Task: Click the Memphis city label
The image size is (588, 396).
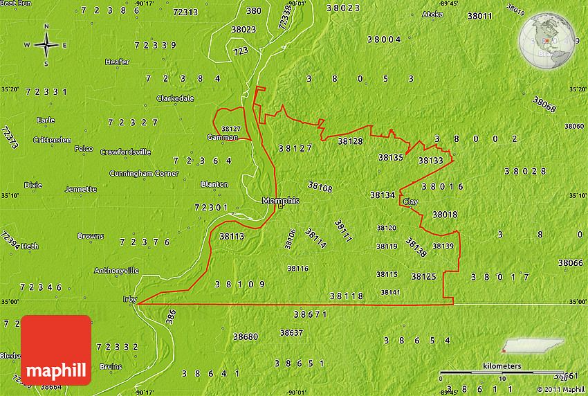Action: pos(280,201)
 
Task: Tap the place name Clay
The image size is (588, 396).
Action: pos(410,201)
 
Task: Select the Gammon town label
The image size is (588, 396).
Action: pos(222,137)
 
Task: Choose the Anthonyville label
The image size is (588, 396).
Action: pos(116,270)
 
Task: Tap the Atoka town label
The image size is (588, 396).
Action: pos(432,14)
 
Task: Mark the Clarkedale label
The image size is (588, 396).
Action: pos(175,98)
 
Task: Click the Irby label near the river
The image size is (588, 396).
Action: pos(125,300)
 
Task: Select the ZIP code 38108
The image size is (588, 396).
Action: pos(320,187)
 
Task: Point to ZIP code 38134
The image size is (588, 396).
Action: pos(383,195)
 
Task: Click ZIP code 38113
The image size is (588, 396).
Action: pos(232,236)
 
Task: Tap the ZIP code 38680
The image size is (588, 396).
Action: pos(246,337)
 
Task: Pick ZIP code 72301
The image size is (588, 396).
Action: pos(211,207)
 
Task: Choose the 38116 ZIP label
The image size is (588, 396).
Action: pos(297,269)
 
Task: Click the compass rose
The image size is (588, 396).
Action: pos(46,46)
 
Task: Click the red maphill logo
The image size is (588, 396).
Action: pos(56,350)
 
